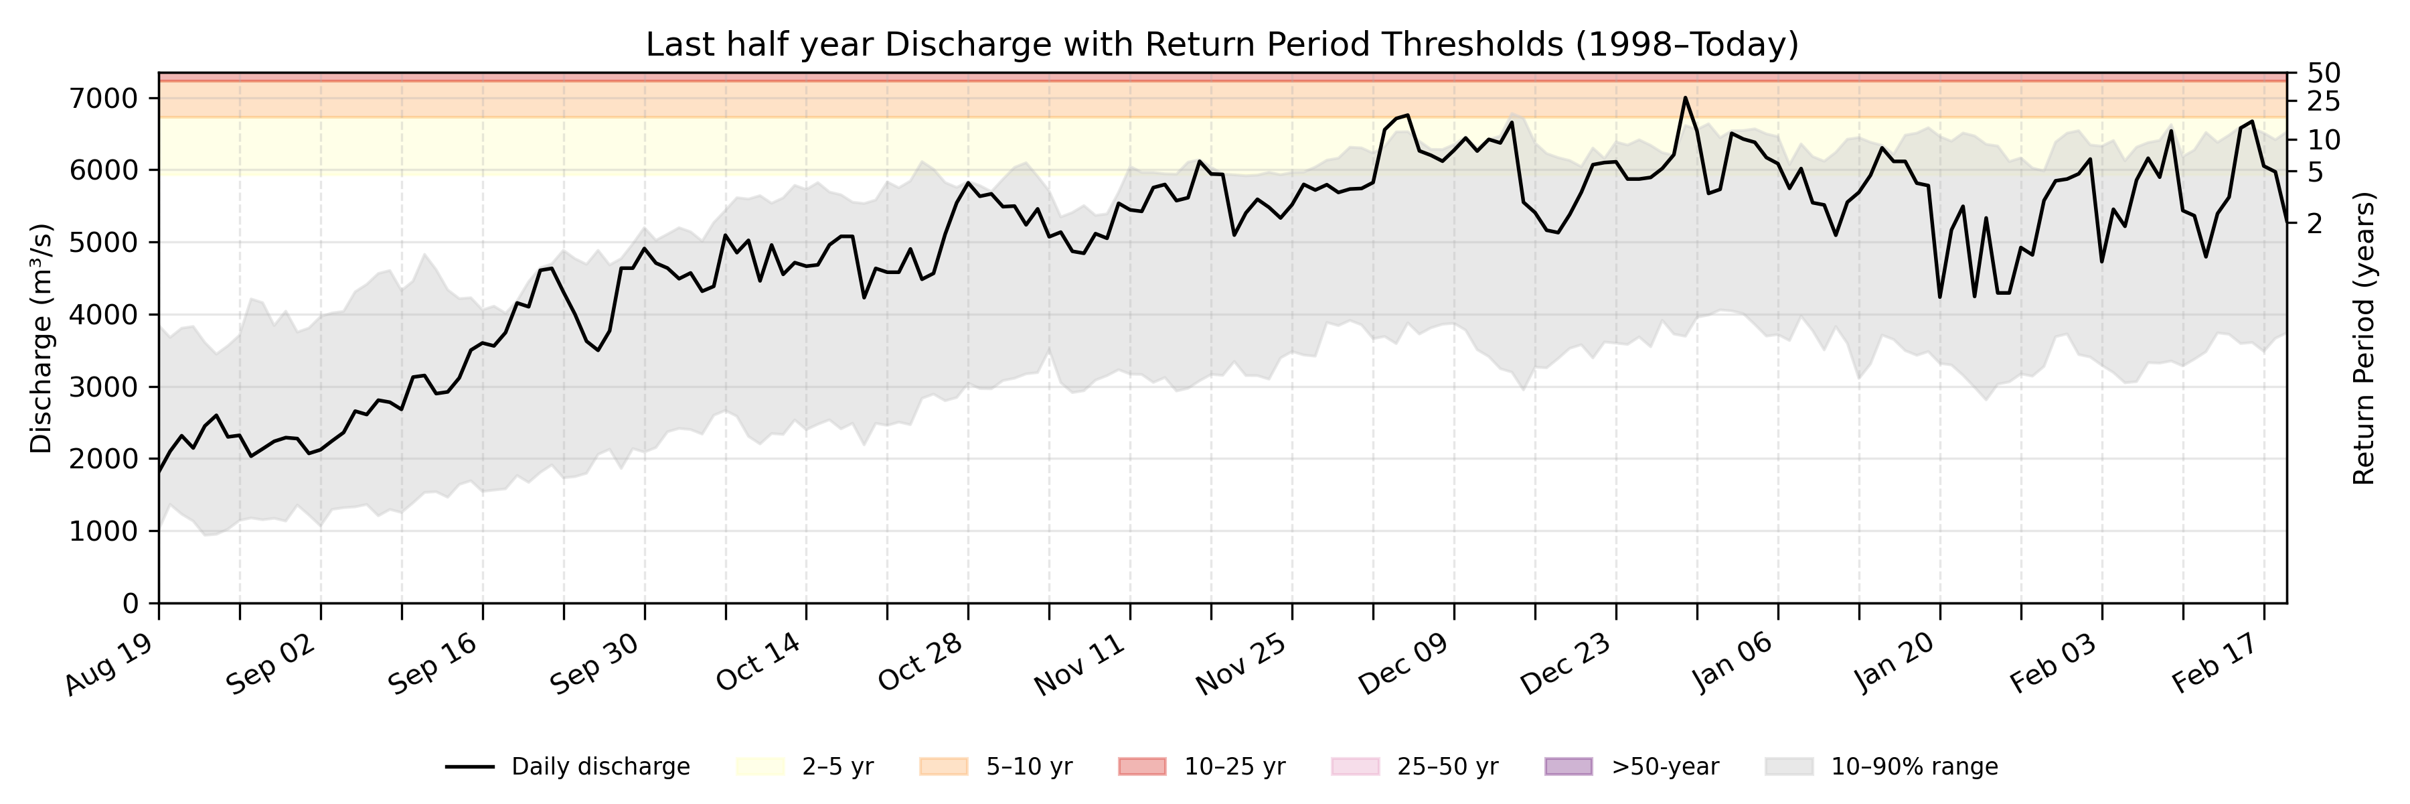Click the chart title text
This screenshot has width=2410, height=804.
click(1222, 44)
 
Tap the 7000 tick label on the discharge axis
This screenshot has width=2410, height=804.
click(104, 98)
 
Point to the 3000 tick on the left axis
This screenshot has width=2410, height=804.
click(104, 387)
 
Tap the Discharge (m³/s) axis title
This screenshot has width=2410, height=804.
click(41, 338)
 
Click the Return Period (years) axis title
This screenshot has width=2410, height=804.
click(2364, 338)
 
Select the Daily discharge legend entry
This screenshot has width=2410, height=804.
click(567, 766)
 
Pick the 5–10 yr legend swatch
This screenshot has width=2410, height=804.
click(943, 766)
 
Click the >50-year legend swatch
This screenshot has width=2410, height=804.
click(1568, 766)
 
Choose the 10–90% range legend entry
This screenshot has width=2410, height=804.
click(1880, 766)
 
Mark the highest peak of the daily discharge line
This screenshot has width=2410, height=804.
click(1685, 97)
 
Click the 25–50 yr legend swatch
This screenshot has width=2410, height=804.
click(1355, 766)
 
